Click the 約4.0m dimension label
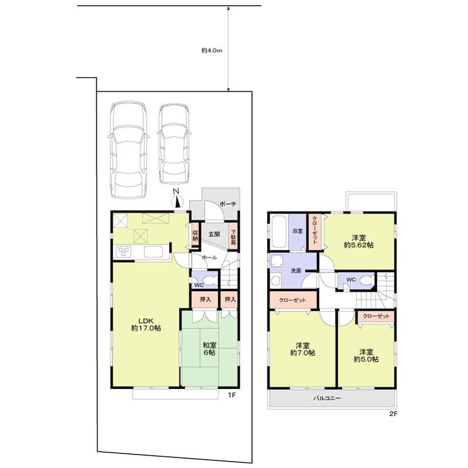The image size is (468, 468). pos(211,51)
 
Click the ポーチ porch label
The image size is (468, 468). pos(228,204)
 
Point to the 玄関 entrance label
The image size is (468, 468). pos(215,235)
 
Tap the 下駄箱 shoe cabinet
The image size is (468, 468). pos(233,236)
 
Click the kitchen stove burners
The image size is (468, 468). pos(125,252)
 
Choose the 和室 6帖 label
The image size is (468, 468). pos(210,349)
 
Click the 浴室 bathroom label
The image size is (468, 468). pos(297,231)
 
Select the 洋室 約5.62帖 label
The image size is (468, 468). pos(359,242)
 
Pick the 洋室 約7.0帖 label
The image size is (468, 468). pos(302,349)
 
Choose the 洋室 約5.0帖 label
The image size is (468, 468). pos(366,355)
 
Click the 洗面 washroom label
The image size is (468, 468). pos(295,271)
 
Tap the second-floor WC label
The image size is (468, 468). pos(350,280)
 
